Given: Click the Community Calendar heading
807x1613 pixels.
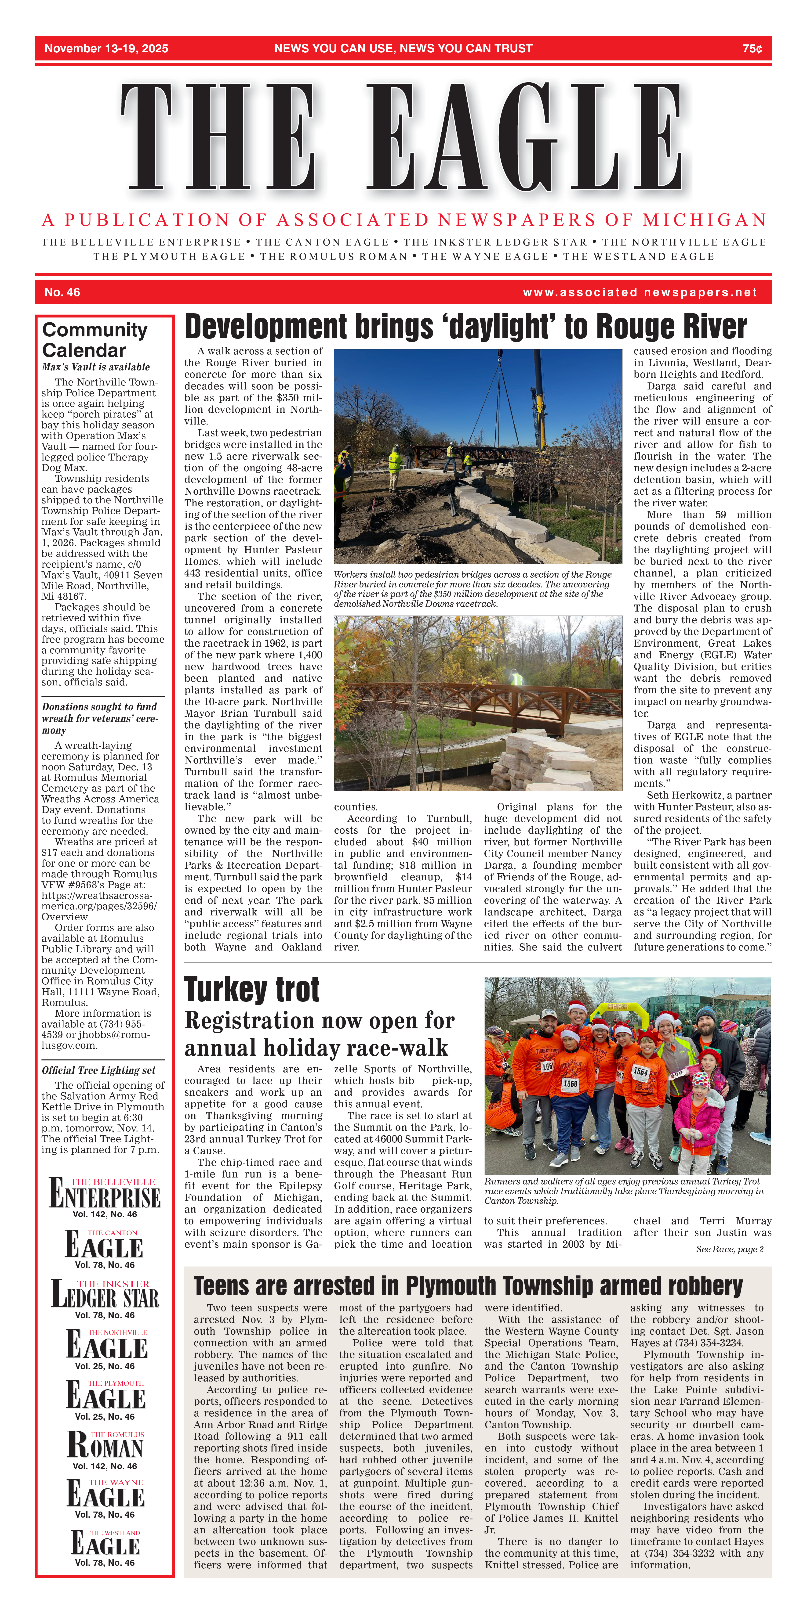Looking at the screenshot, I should point(95,340).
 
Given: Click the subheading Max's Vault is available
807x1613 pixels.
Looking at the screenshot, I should point(96,367).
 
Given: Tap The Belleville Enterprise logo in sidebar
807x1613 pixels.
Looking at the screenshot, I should point(105,1194).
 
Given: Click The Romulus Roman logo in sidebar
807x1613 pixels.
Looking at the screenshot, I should point(105,1447).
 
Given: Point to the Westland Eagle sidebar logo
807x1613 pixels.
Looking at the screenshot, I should point(105,1544).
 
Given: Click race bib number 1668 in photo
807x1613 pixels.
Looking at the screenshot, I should point(570,1084).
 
